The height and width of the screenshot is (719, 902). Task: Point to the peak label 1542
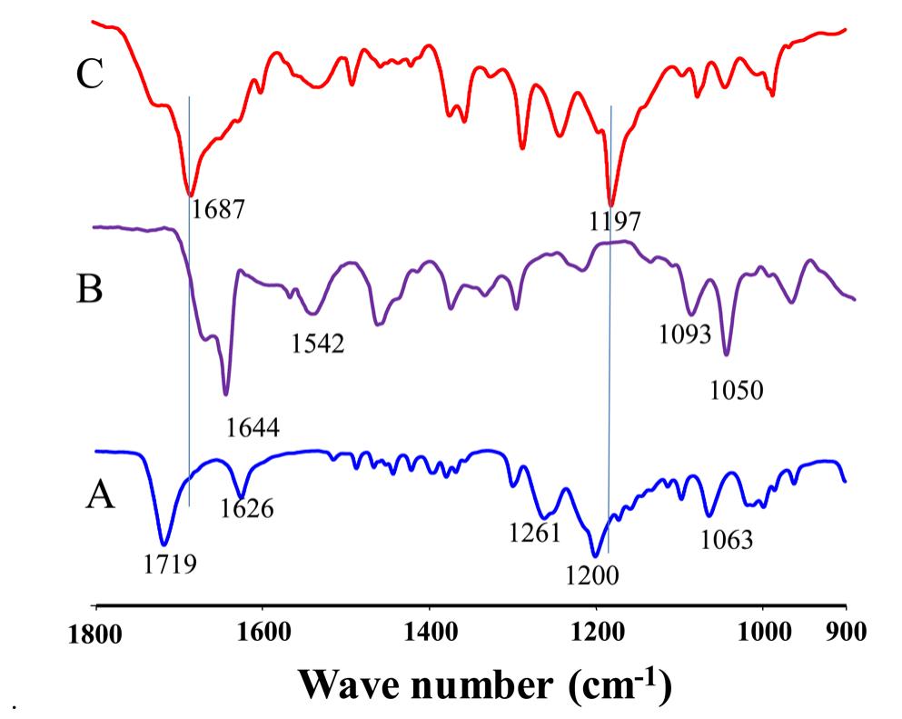pos(318,344)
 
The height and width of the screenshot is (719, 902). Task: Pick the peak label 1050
pos(736,391)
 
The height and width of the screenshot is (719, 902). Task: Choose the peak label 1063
pos(727,540)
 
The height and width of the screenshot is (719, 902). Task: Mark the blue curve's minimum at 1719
pos(164,544)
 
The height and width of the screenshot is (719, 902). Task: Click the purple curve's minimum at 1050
pos(726,355)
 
